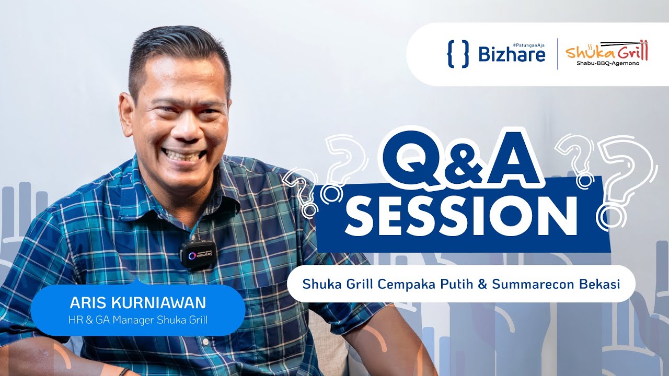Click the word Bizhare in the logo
(x=512, y=54)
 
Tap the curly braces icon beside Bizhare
(x=458, y=54)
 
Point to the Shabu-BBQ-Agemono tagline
(x=607, y=63)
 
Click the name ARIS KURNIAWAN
(x=138, y=303)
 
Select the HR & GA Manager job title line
(x=138, y=320)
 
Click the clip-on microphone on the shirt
(x=197, y=254)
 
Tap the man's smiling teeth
(x=181, y=155)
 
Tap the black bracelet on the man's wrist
(x=123, y=371)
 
